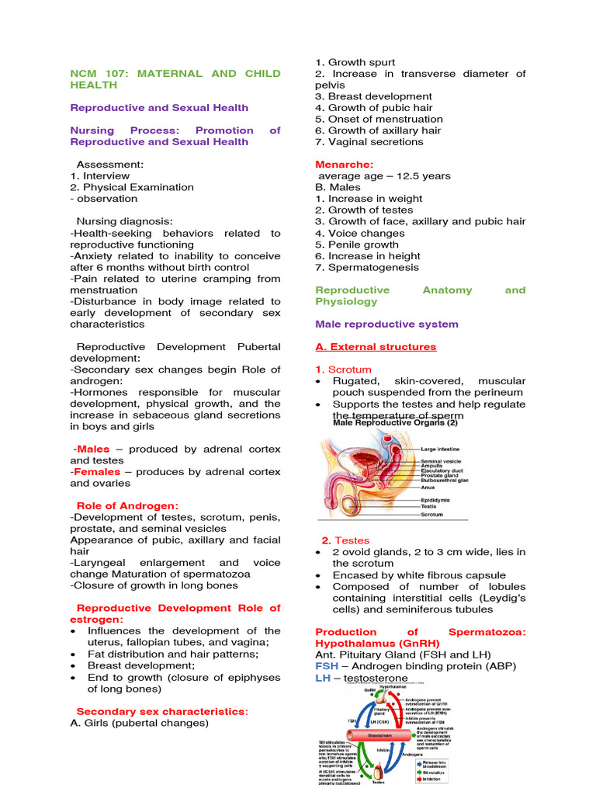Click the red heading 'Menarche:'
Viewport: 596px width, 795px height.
(344, 165)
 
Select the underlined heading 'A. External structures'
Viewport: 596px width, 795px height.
(376, 347)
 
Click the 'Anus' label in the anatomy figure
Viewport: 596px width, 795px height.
(428, 488)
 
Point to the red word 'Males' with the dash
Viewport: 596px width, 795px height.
(92, 450)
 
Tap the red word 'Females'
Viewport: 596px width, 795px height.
(95, 472)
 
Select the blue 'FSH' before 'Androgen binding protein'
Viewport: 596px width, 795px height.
(327, 667)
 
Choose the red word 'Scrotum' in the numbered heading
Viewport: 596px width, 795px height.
(350, 370)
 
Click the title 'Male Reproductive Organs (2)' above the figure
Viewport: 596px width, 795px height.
(395, 423)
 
